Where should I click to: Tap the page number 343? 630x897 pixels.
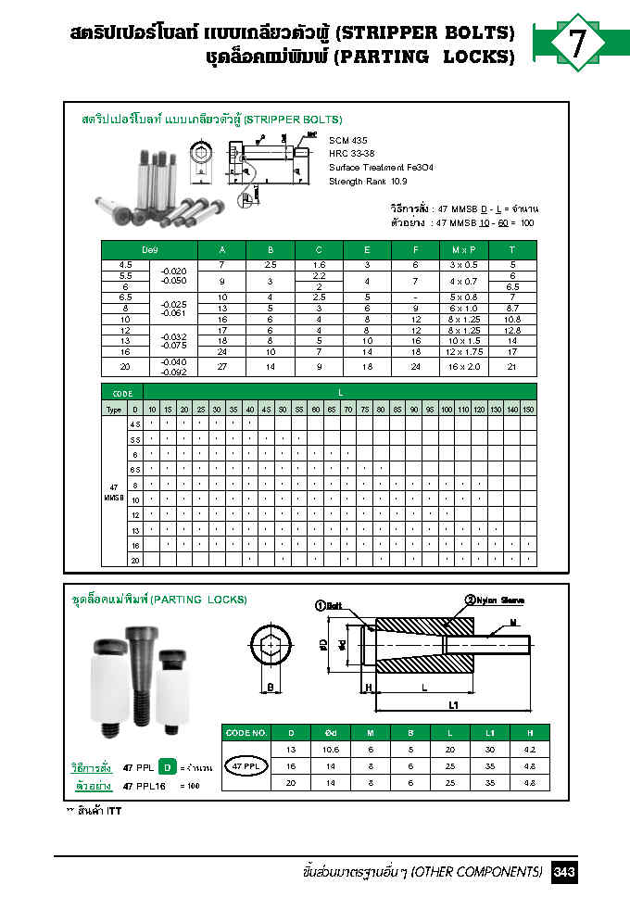[565, 872]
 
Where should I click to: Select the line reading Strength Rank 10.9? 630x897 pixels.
[366, 182]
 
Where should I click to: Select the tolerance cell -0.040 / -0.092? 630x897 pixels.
[173, 367]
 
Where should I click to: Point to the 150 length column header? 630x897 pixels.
[527, 408]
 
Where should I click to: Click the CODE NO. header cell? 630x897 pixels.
[246, 732]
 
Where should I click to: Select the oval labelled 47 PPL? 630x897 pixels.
[246, 767]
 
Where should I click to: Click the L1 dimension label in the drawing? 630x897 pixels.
[454, 706]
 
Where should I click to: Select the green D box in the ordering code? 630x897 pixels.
[166, 766]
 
